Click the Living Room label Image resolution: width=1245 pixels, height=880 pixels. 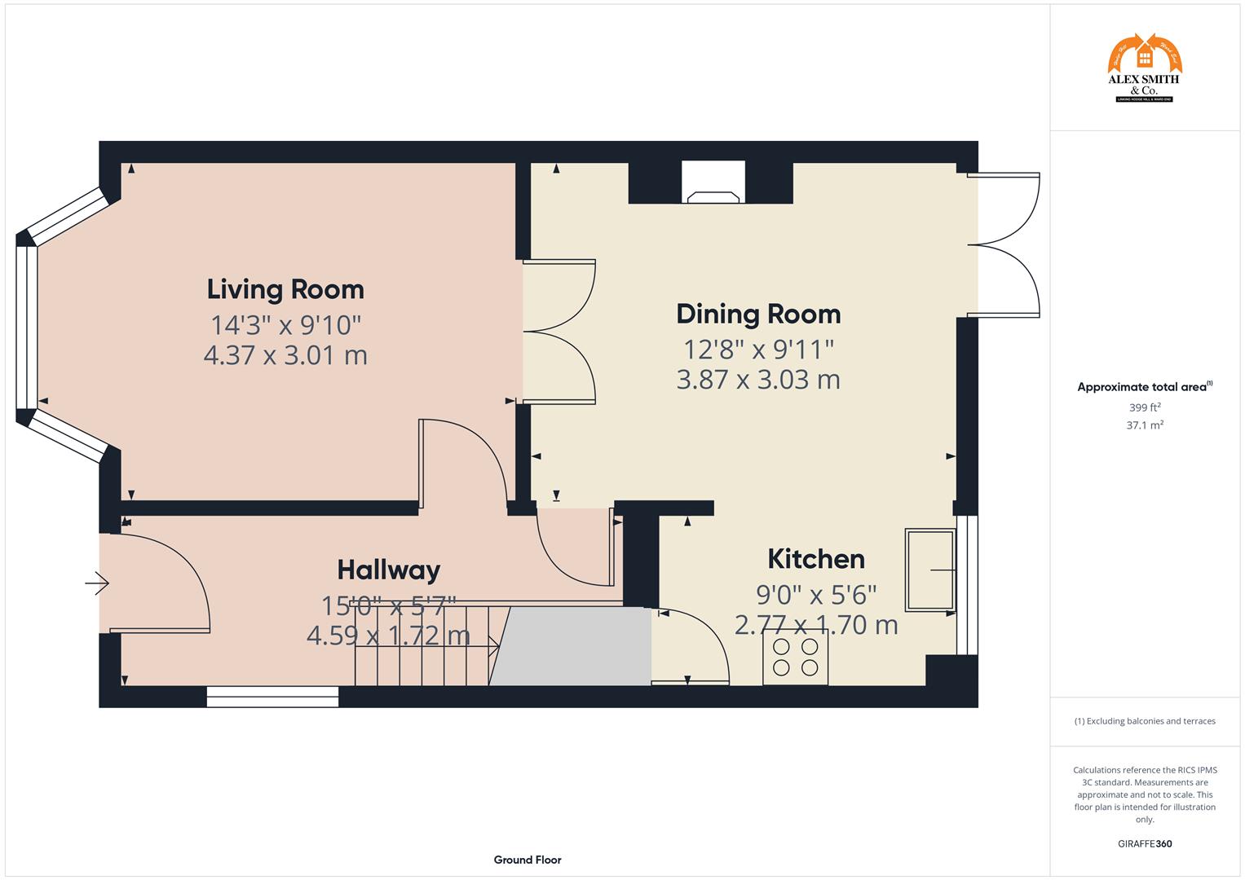click(x=285, y=289)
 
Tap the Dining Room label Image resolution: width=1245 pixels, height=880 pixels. click(x=758, y=314)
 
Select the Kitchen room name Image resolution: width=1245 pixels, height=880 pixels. click(x=816, y=559)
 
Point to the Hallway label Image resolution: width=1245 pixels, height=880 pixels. click(x=389, y=570)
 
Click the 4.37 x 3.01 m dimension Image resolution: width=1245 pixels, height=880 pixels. click(x=285, y=355)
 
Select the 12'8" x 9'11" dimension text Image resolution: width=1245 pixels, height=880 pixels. click(x=758, y=350)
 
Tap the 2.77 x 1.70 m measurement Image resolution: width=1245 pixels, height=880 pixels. click(x=816, y=626)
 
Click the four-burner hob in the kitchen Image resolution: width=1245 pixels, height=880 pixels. click(x=795, y=658)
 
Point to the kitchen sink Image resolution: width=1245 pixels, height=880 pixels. click(x=929, y=570)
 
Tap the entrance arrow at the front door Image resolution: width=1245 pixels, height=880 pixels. click(x=97, y=583)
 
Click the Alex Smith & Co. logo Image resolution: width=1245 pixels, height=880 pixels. click(x=1144, y=68)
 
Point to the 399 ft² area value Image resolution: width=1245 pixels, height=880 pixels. click(x=1144, y=407)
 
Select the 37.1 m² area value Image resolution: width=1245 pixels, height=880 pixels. click(x=1144, y=425)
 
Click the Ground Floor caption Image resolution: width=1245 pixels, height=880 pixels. click(x=527, y=860)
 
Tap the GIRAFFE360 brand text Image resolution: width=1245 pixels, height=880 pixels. click(x=1144, y=843)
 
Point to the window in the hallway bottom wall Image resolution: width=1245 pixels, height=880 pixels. click(x=272, y=697)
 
